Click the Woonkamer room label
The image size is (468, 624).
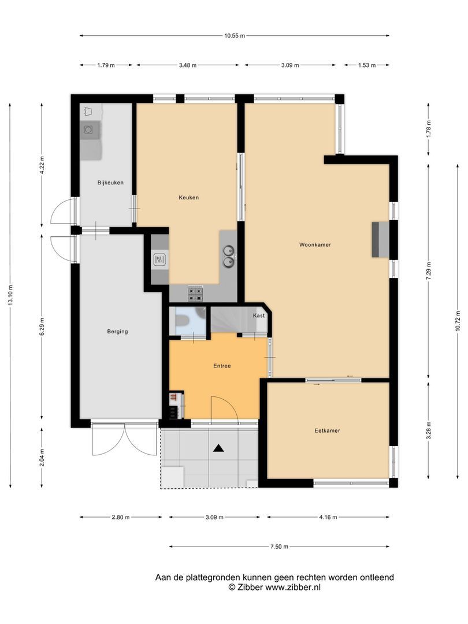click(315, 245)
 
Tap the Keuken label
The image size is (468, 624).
click(188, 198)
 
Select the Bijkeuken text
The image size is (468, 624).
click(110, 183)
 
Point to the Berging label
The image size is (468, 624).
click(117, 332)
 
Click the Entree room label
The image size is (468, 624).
click(222, 366)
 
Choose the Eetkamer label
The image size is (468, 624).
click(327, 430)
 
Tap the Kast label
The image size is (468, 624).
click(259, 315)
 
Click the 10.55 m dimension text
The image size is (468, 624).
click(235, 35)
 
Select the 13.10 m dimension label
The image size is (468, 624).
click(10, 295)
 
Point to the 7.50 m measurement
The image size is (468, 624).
click(279, 547)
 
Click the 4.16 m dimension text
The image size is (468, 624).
click(328, 517)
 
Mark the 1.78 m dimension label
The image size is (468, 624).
click(429, 129)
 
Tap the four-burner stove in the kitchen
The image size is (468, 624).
click(195, 294)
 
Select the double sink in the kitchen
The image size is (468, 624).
click(228, 257)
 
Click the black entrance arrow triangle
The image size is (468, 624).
click(218, 448)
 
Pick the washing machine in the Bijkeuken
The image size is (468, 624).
click(89, 130)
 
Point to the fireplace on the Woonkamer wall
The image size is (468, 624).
click(380, 240)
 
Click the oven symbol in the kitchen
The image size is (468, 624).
click(159, 260)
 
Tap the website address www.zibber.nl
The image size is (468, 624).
click(293, 587)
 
